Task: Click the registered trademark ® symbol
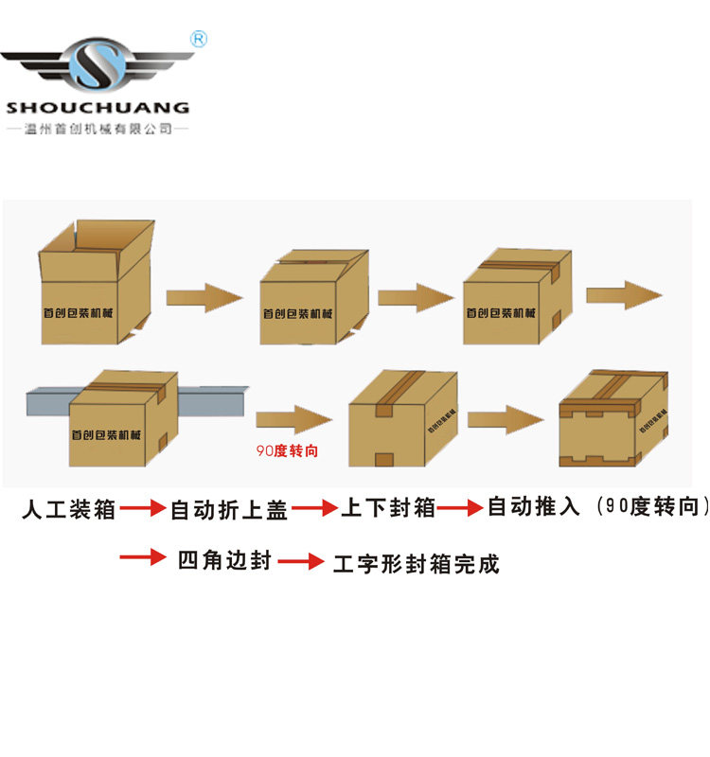click(199, 39)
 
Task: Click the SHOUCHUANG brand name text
click(98, 108)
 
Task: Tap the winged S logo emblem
click(98, 64)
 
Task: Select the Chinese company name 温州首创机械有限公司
click(98, 128)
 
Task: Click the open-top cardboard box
click(96, 284)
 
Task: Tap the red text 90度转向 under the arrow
click(287, 451)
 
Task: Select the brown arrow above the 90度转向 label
click(293, 418)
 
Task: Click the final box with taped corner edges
click(612, 418)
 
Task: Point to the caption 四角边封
click(224, 560)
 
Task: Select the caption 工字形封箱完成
click(416, 564)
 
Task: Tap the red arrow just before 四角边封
click(143, 558)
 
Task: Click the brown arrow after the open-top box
click(204, 296)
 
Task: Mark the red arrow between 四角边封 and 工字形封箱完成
click(301, 562)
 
